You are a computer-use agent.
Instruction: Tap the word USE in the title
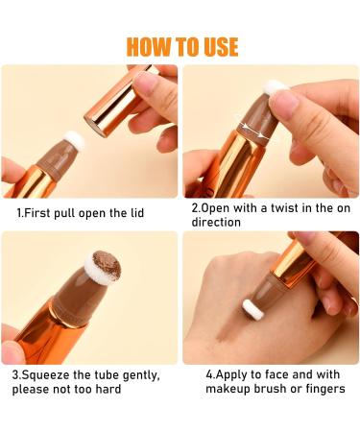221,47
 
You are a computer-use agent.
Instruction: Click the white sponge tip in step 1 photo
75,140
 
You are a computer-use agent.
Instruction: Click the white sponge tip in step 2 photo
275,87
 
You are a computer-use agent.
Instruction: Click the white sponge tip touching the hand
253,309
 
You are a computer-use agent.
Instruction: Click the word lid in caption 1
137,213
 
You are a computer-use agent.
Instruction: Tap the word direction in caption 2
216,222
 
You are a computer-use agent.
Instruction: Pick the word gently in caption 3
141,375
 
